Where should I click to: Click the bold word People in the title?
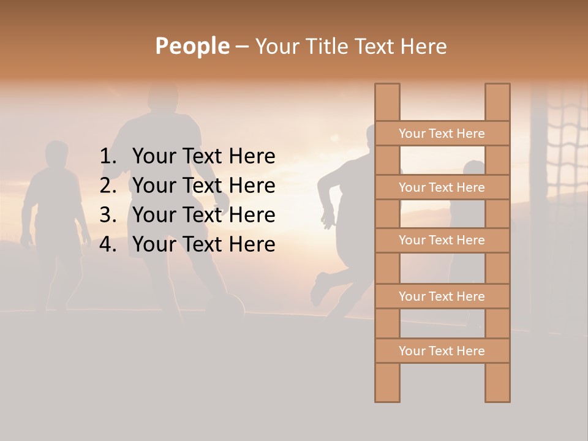[x=192, y=46]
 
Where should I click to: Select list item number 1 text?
[x=203, y=157]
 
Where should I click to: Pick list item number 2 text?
[x=203, y=186]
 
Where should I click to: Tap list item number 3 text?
[x=203, y=215]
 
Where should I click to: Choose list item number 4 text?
[x=203, y=244]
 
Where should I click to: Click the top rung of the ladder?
[x=442, y=134]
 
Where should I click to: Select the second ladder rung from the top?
[x=442, y=187]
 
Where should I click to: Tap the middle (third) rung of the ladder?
[x=442, y=241]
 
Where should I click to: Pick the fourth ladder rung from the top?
[x=442, y=296]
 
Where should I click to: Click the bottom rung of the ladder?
[x=442, y=351]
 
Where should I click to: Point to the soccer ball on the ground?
[x=227, y=306]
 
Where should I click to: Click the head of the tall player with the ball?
[x=162, y=98]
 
